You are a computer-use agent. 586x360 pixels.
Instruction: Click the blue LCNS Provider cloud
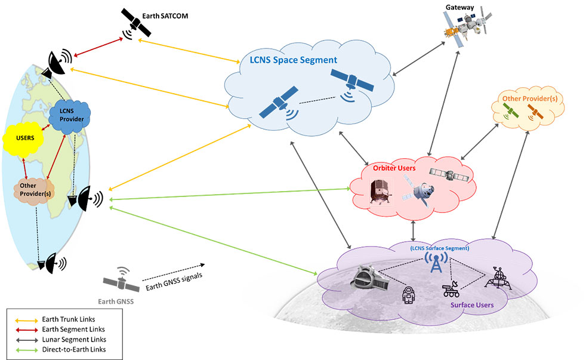(x=69, y=115)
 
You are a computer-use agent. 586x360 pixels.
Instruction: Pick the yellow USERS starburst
(x=25, y=138)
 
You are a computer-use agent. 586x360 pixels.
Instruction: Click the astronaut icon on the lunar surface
(x=408, y=293)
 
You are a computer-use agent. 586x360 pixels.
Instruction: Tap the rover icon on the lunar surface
(x=452, y=291)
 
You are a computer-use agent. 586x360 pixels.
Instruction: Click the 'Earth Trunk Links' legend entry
(x=68, y=319)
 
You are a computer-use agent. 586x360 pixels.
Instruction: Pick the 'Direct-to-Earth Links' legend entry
(x=73, y=348)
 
